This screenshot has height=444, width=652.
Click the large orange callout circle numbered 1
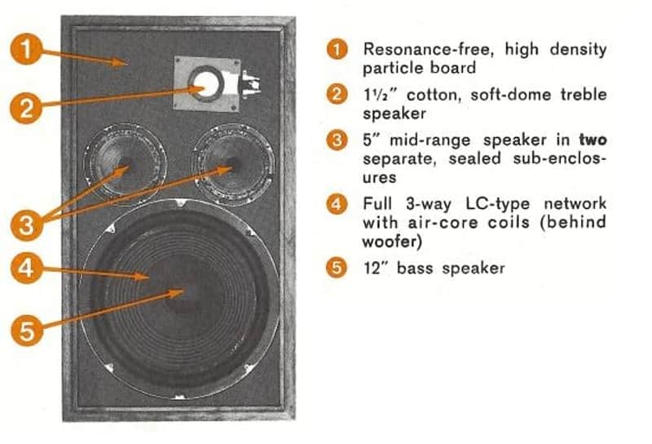coord(26,49)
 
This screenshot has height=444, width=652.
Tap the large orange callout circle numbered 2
coord(26,108)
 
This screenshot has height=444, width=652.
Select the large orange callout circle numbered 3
coord(26,225)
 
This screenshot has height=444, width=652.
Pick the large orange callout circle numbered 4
coord(26,268)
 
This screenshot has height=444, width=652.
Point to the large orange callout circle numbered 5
coord(26,331)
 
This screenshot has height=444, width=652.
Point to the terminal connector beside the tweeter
coord(251,85)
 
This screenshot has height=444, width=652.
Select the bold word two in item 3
coord(593,140)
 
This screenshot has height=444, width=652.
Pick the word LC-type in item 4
coord(498,204)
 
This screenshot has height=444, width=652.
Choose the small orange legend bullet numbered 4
coord(337,204)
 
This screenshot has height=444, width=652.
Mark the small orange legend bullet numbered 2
coord(337,94)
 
